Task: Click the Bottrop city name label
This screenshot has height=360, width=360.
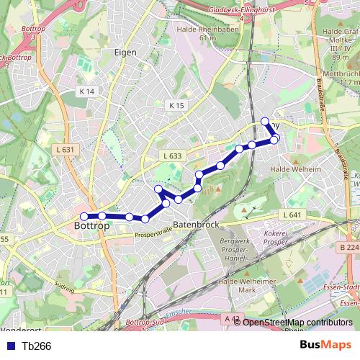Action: coord(91,226)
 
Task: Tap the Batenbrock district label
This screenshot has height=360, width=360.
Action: coord(195,225)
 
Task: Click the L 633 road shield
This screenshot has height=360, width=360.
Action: coord(172,156)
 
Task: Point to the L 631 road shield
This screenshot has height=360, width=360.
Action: coord(65,150)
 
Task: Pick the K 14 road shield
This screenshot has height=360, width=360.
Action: coord(87,91)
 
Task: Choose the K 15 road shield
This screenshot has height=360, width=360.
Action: coord(176,105)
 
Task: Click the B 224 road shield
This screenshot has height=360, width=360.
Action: coord(348,247)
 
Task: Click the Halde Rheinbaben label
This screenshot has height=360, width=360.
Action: coord(197,33)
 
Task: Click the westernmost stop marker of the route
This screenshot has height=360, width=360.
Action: coord(84,216)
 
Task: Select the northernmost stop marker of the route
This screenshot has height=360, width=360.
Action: coord(264,121)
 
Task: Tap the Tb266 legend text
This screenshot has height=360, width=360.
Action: coord(36,346)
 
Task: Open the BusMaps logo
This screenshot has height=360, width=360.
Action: coord(326,346)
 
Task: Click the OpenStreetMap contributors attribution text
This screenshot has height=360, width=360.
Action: coord(297,323)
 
